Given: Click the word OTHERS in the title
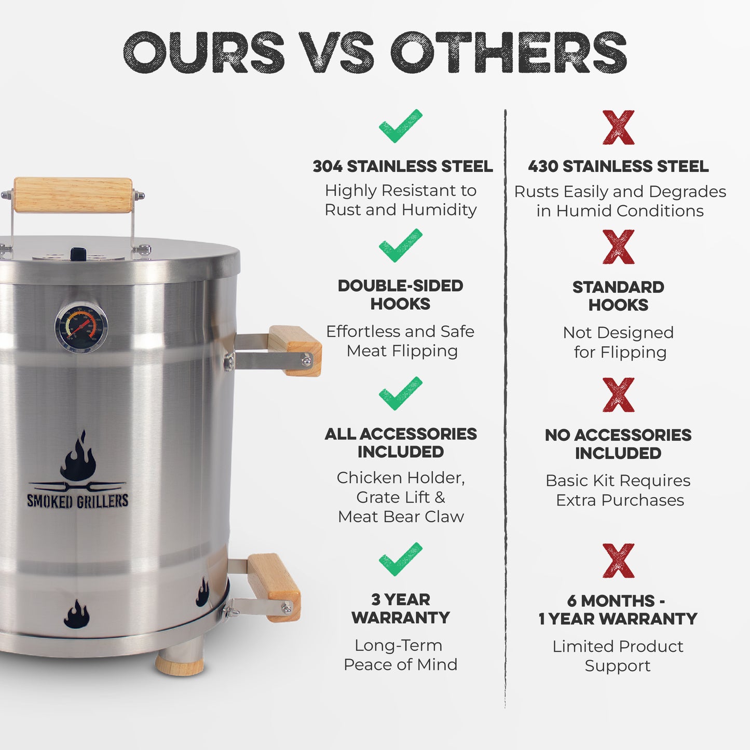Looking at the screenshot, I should click(x=509, y=52).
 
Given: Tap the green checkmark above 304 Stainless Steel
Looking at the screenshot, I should click(x=400, y=126).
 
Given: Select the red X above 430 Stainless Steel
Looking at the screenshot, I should click(x=618, y=127).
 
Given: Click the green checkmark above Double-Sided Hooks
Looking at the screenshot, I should click(x=400, y=245).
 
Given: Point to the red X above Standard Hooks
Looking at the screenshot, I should click(x=618, y=247).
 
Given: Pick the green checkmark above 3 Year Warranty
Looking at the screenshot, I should click(x=400, y=558).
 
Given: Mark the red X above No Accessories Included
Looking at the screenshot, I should click(x=618, y=395).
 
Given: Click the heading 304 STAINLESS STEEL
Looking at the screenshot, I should click(x=402, y=166).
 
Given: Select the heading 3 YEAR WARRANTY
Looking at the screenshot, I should click(x=400, y=608).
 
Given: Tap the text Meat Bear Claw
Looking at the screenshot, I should click(x=401, y=516).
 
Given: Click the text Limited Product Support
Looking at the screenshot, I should click(x=618, y=656).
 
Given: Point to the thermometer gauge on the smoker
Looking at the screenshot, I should click(x=81, y=327).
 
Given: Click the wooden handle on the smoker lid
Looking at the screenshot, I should click(x=73, y=195).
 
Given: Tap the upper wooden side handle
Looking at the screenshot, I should click(x=295, y=350).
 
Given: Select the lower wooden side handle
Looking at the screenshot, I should click(x=274, y=587).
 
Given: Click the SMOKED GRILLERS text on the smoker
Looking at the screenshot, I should click(x=77, y=501).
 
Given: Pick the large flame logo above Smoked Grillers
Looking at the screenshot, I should click(x=78, y=457).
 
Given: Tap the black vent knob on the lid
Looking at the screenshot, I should click(x=78, y=254).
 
